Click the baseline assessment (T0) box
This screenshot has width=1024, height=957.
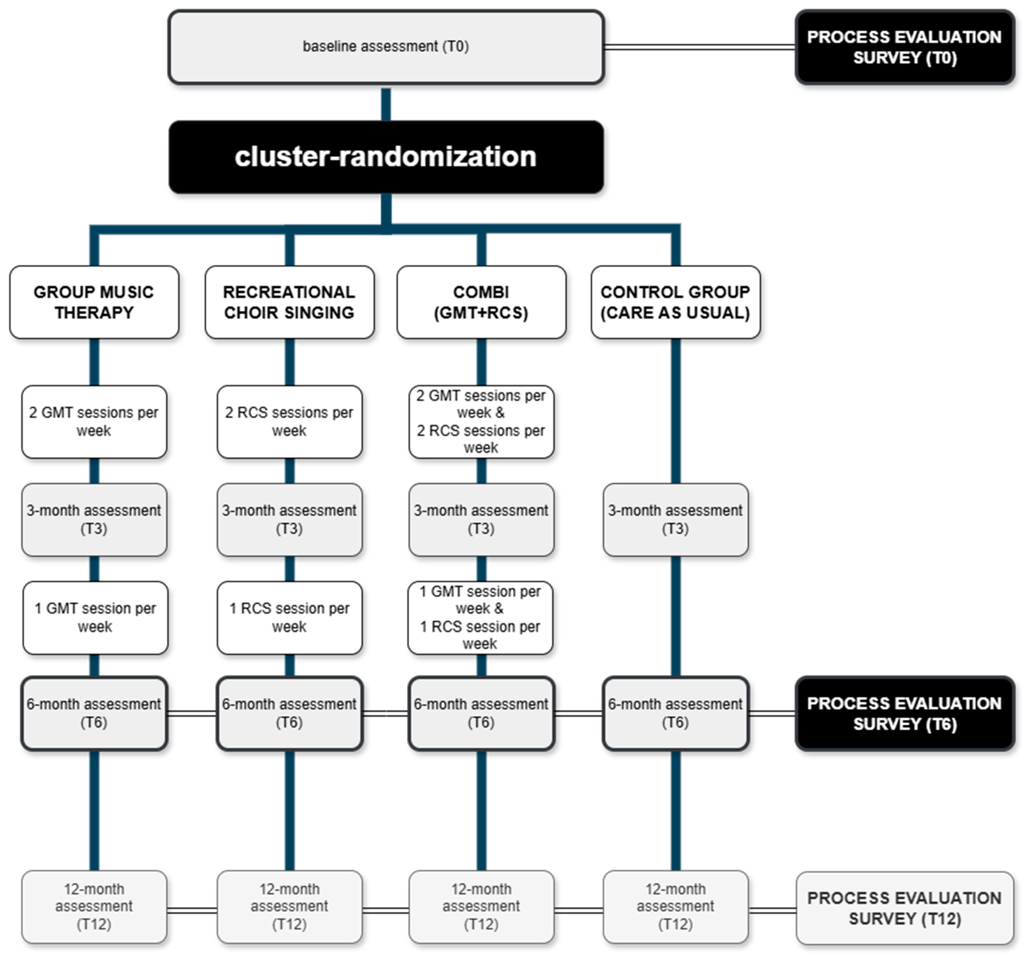coord(386,47)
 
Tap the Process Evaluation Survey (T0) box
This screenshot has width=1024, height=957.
coord(905,47)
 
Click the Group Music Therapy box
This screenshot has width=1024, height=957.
coord(94,302)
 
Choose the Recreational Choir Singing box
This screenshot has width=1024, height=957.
coord(290,302)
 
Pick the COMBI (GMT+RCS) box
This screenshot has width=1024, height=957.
coord(481,302)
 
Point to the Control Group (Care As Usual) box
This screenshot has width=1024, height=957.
coord(675,302)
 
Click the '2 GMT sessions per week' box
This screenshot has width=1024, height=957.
coord(94,422)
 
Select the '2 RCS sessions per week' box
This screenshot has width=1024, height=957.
coord(290,422)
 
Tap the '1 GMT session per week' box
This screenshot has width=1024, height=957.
coord(95,617)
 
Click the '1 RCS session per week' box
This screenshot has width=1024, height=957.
coord(290,617)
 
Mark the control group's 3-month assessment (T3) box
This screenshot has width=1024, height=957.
coord(675,519)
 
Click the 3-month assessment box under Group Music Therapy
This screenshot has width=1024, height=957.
coord(94,519)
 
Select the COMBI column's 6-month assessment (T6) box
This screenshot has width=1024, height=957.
coord(481,713)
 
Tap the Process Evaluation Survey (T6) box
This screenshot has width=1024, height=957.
coord(905,713)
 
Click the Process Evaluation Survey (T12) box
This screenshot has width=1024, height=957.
coord(905,908)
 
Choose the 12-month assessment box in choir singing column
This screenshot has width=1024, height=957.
coord(290,907)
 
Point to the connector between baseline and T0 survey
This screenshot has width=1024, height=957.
coord(700,47)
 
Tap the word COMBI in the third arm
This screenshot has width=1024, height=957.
coord(481,292)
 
